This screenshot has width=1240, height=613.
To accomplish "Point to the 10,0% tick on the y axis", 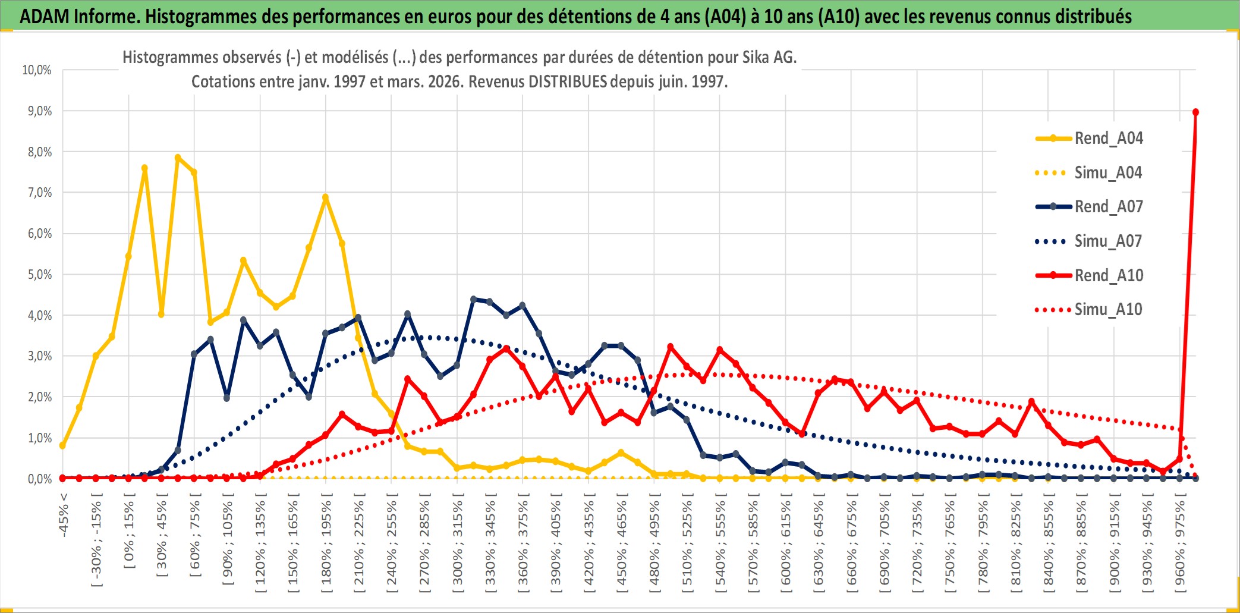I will (x=37, y=70).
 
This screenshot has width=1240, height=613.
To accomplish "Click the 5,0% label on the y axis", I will (x=39, y=275).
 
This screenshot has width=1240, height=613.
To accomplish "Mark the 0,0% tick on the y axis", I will (x=39, y=479).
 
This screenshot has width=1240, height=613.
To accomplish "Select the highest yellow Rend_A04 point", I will (x=178, y=158).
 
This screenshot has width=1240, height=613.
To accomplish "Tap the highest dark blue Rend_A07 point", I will (x=473, y=299).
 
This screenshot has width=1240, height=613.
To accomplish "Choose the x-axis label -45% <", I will (x=64, y=515).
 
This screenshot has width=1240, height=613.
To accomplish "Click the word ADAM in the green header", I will (x=44, y=16).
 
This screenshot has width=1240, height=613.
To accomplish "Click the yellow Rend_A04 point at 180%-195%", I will (x=325, y=197).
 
